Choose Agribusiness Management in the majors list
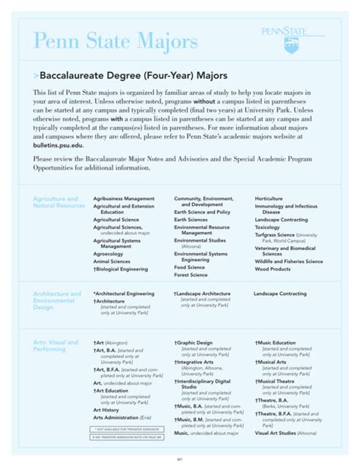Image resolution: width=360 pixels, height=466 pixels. pyautogui.click(x=124, y=198)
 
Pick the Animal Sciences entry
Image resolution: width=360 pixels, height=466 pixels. pyautogui.click(x=112, y=261)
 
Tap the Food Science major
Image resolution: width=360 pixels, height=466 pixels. pyautogui.click(x=190, y=268)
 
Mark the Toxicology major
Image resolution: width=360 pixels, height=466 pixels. pyautogui.click(x=267, y=227)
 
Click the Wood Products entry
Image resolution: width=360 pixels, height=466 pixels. pyautogui.click(x=273, y=268)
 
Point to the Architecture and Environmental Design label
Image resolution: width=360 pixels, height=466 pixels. pyautogui.click(x=57, y=300)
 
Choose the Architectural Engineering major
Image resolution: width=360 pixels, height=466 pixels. pyautogui.click(x=124, y=293)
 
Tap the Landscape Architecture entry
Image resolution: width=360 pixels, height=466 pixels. pyautogui.click(x=203, y=293)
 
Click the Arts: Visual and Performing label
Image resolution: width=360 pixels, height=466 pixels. pyautogui.click(x=55, y=346)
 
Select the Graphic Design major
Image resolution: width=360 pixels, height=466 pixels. pyautogui.click(x=194, y=343)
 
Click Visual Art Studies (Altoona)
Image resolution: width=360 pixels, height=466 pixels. pyautogui.click(x=285, y=433)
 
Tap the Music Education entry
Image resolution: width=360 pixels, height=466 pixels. pyautogui.click(x=277, y=343)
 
